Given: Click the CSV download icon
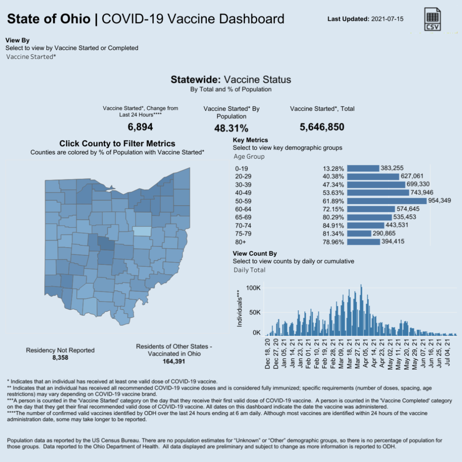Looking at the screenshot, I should tap(432, 19).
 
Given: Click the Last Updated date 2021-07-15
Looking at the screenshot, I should tap(387, 19).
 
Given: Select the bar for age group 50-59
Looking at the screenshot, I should tap(387, 201).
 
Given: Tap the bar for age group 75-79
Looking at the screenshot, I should tap(359, 234).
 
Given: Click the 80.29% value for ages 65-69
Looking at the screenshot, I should tap(333, 218).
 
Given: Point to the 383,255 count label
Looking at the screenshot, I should tap(392, 168).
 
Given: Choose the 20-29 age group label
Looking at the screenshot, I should tap(243, 177).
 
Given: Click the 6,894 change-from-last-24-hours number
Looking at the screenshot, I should tap(140, 127).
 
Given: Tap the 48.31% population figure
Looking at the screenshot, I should tap(231, 128).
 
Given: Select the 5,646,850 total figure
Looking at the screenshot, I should tap(322, 127).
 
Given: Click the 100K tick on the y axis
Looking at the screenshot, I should tap(253, 288).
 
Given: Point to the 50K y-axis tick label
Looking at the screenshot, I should tap(255, 312).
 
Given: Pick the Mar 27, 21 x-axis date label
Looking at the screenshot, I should tap(358, 354).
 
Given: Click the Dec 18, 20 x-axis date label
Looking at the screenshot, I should tap(268, 354).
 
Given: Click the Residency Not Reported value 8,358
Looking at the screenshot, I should tap(60, 358).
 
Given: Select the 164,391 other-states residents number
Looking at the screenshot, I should tap(174, 362).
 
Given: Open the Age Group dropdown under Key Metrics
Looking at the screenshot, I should tap(249, 157).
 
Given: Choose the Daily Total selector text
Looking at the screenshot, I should tap(249, 270).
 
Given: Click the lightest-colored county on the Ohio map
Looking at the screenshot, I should tap(142, 231).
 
